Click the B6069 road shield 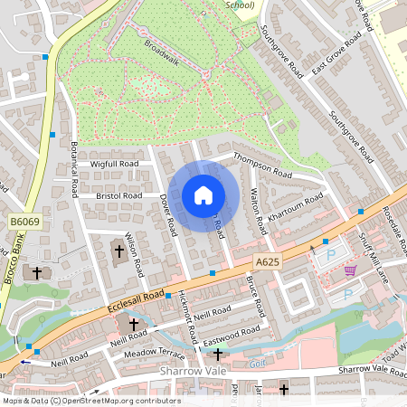(24, 222)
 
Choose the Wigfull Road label (114, 164)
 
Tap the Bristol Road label (119, 195)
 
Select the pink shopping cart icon (350, 270)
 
